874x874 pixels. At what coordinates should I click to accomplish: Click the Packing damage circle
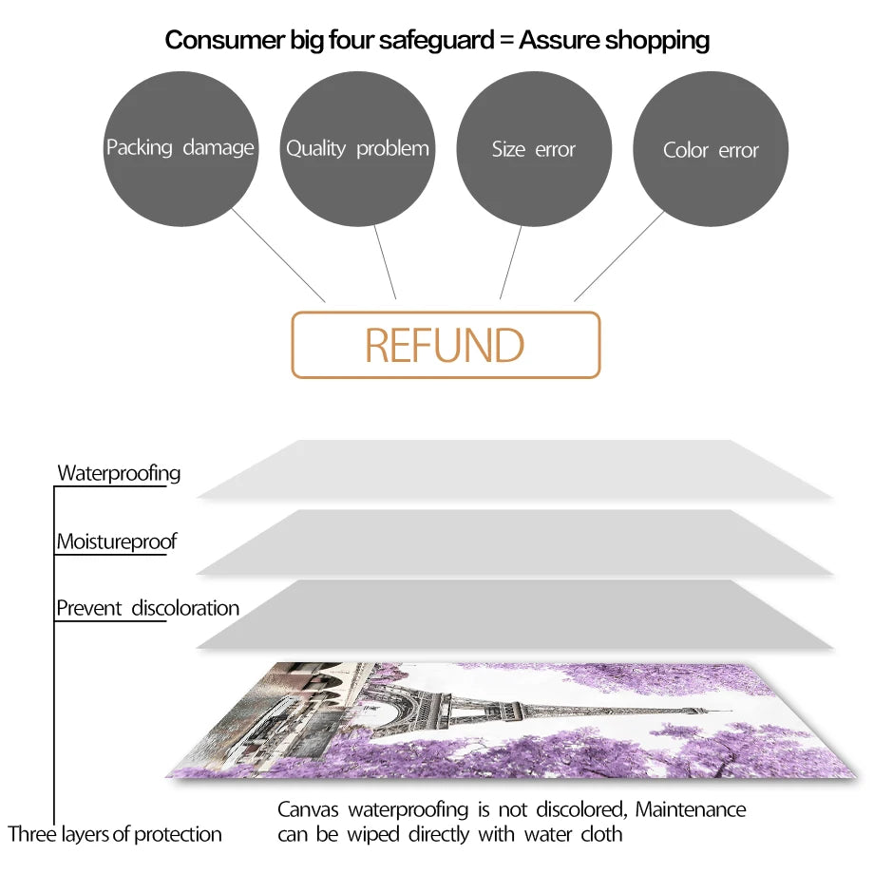coord(180,149)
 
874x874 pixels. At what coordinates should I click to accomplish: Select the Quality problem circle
coord(357,149)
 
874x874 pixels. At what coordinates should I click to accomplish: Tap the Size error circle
coord(534,149)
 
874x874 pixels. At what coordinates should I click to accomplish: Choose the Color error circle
coord(711,149)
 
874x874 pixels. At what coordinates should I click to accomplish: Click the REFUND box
coord(446,345)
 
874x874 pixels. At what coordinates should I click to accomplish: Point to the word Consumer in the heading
coord(225,40)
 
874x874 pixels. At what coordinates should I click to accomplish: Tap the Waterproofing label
coord(119,473)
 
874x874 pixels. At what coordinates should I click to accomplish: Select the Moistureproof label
coord(117,541)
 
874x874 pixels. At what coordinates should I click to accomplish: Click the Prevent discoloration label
coord(147,608)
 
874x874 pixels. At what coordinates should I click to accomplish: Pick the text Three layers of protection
coord(115,834)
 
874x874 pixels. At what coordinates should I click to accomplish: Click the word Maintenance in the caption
coord(691,809)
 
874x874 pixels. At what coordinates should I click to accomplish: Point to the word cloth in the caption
coord(601,834)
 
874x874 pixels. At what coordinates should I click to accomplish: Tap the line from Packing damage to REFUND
coord(278,256)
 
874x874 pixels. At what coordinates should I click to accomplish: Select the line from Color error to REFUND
coord(619,256)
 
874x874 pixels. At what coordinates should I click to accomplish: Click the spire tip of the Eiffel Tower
coord(731,712)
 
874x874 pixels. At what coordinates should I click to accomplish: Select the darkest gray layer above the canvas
coord(515,615)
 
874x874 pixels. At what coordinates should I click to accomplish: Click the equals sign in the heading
coord(506,40)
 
